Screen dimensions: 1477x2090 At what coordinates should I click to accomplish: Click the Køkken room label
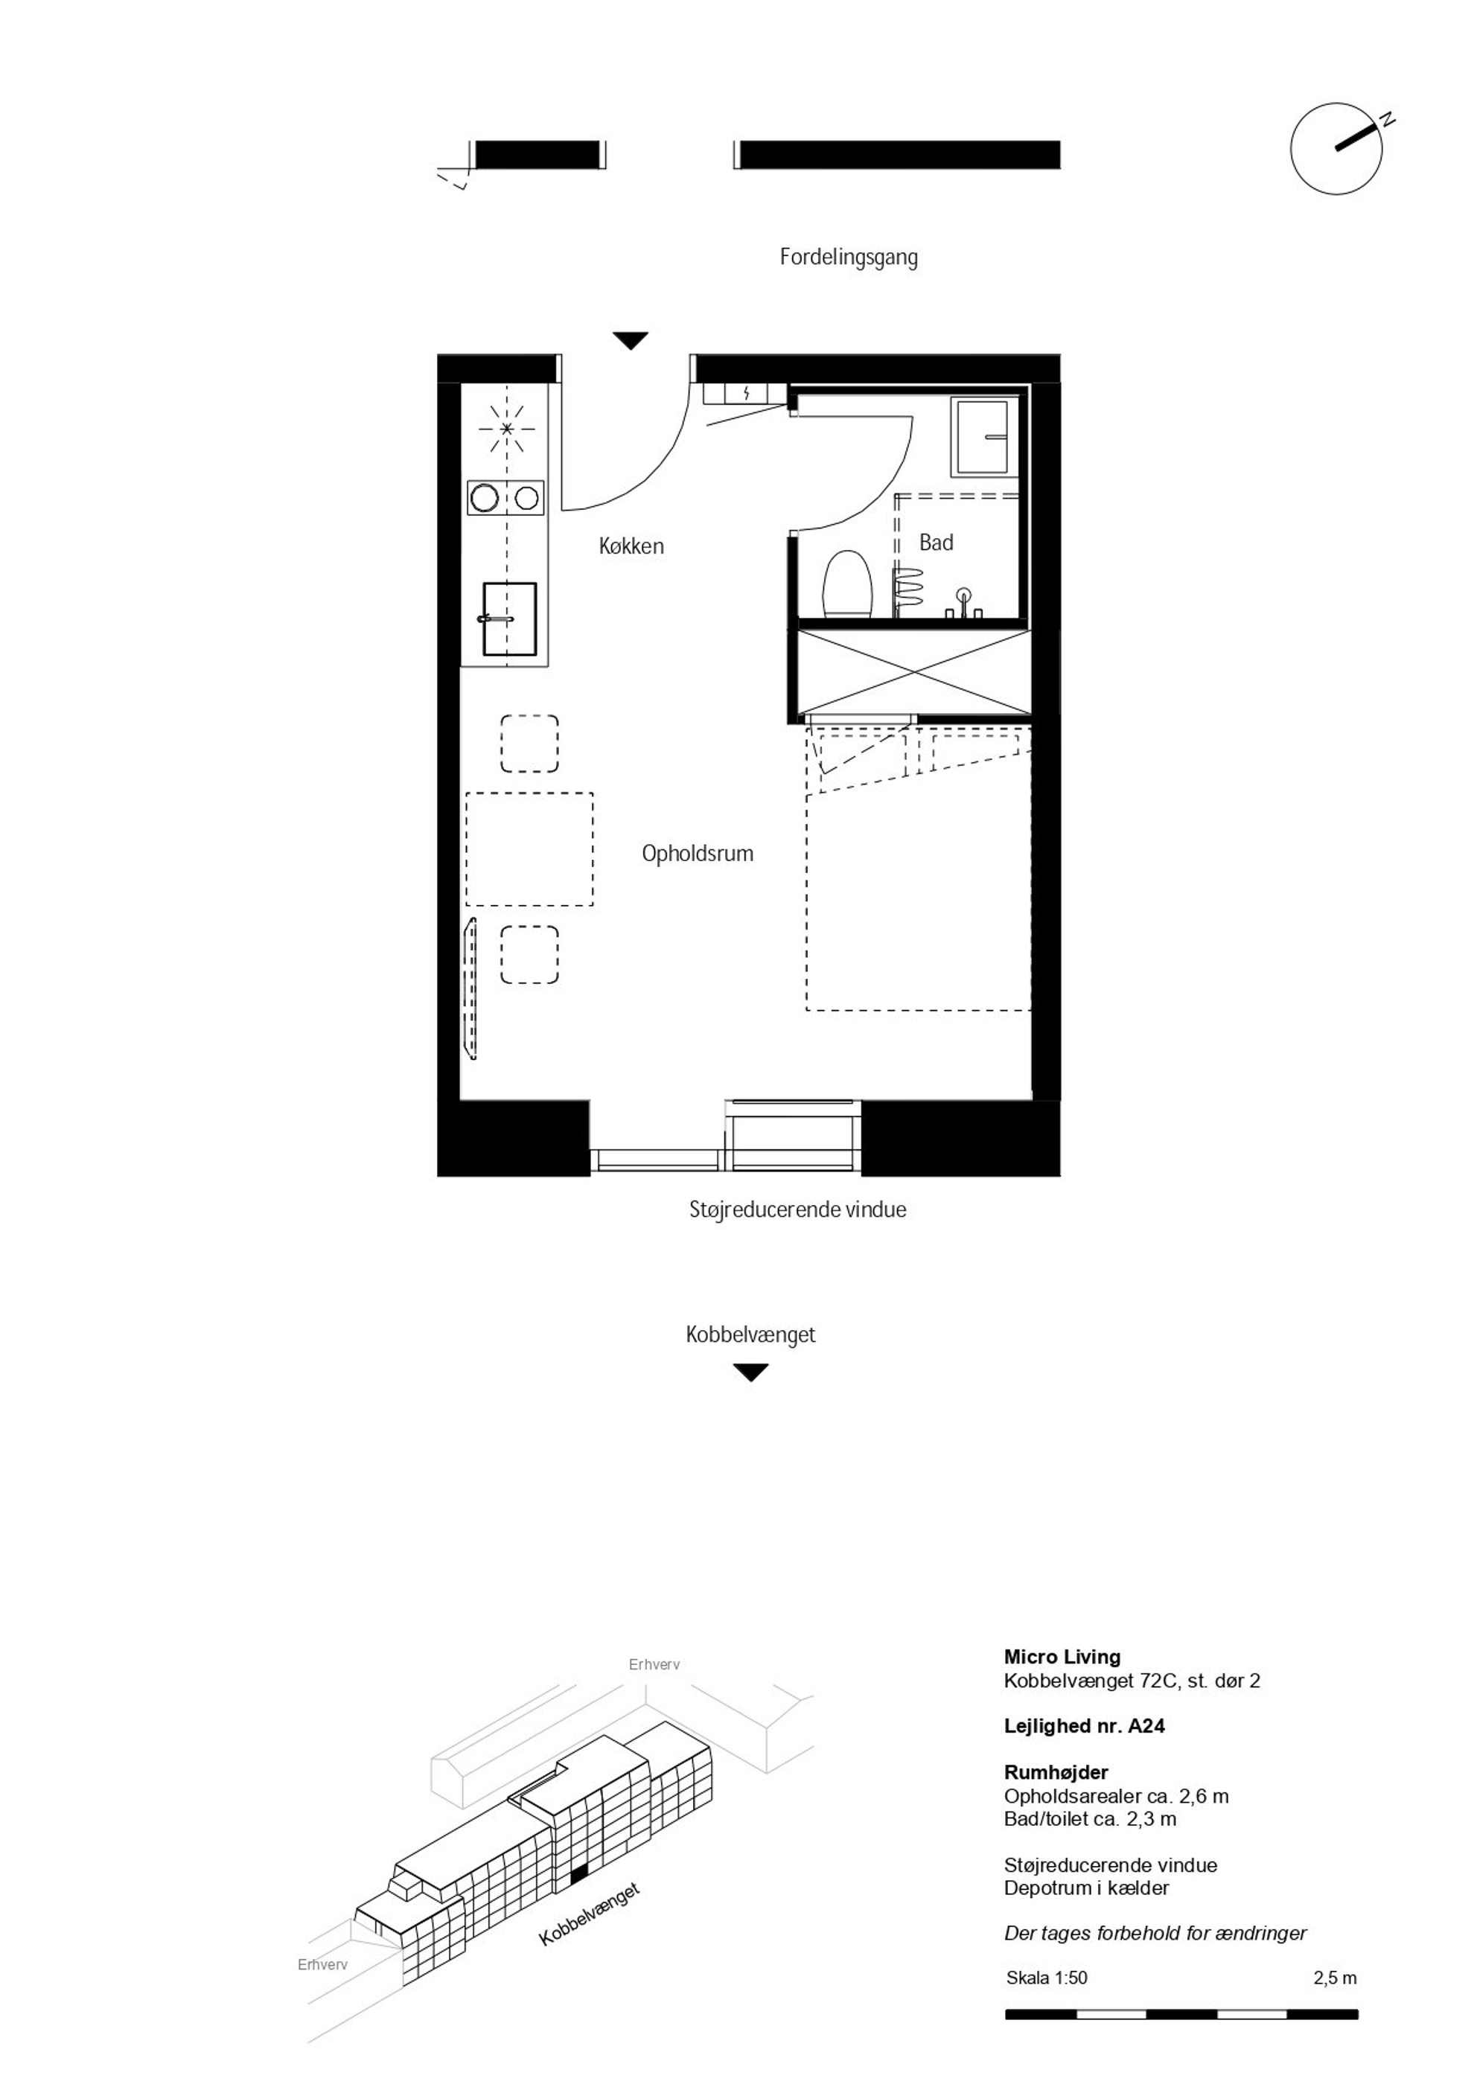pos(631,546)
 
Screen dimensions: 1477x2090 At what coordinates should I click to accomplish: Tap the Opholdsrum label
pos(698,854)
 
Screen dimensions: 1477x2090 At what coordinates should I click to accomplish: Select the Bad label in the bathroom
pos(936,543)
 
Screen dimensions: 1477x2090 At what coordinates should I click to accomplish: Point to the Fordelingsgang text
pos(849,258)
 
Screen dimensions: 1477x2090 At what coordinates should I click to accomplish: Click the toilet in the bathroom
pos(848,584)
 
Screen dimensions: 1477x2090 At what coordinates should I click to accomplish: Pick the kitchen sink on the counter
pos(509,619)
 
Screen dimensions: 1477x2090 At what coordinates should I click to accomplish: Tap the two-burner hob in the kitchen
pos(505,498)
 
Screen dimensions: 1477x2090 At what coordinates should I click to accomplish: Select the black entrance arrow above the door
pos(630,340)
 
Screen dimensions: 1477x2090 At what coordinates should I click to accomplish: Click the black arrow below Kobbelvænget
pos(750,1372)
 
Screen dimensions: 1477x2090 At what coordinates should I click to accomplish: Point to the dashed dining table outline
pos(529,849)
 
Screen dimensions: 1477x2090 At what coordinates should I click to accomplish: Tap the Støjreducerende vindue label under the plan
pos(798,1209)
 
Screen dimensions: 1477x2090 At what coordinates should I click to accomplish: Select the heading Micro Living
pos(1062,1657)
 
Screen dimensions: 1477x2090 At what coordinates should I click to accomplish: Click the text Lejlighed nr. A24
pos(1085,1725)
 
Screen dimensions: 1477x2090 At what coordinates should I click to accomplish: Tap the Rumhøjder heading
pos(1056,1771)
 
